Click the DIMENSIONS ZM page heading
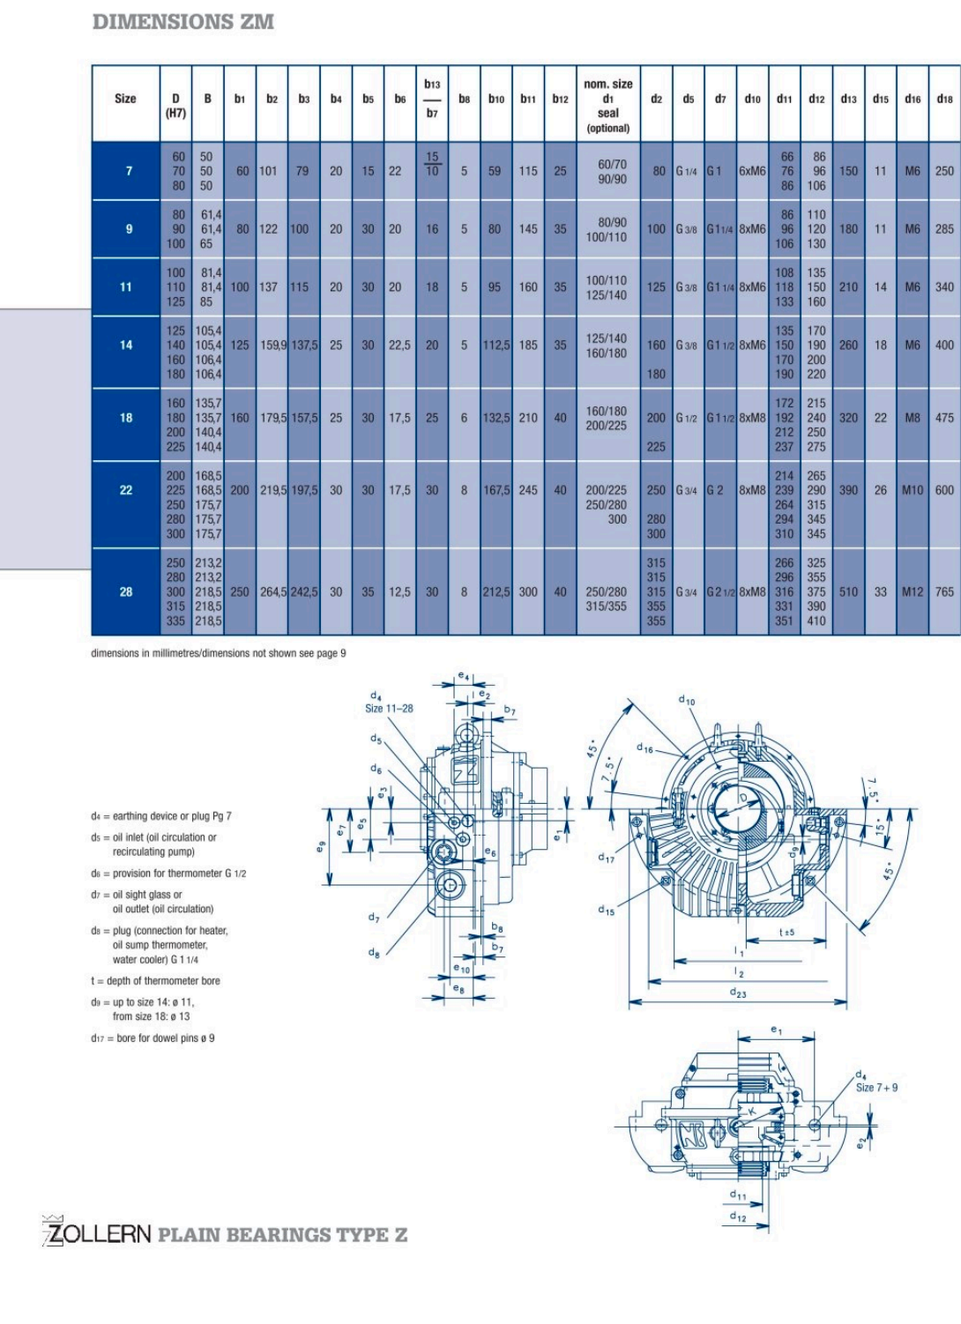pyautogui.click(x=183, y=22)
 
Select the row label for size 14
pyautogui.click(x=126, y=346)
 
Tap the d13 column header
pyautogui.click(x=848, y=100)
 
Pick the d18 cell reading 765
pyautogui.click(x=944, y=591)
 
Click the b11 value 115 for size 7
pyautogui.click(x=528, y=171)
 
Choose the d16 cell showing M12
pyautogui.click(x=913, y=591)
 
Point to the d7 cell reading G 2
pyautogui.click(x=715, y=490)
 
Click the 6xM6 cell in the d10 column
pyautogui.click(x=752, y=171)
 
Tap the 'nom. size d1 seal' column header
pyautogui.click(x=608, y=105)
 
